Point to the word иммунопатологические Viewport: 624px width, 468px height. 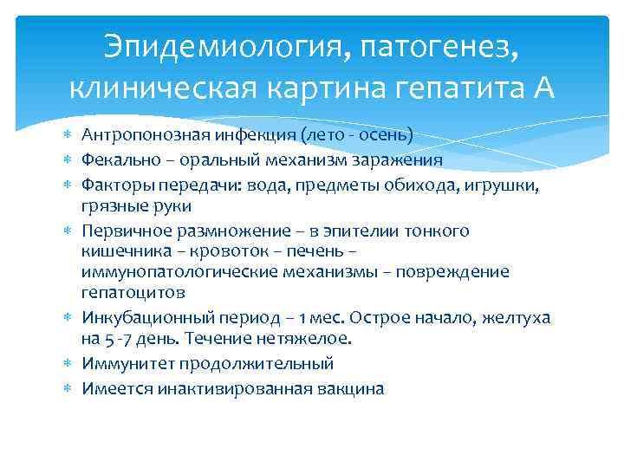click(x=181, y=272)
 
